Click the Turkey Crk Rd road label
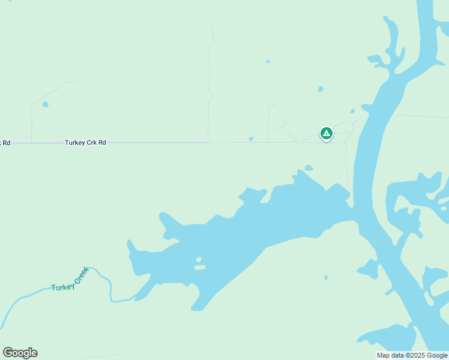pyautogui.click(x=85, y=143)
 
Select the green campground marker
pyautogui.click(x=326, y=133)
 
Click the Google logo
pyautogui.click(x=20, y=352)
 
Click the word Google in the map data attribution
pyautogui.click(x=437, y=355)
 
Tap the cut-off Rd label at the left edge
pyautogui.click(x=5, y=143)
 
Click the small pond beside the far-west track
pyautogui.click(x=46, y=104)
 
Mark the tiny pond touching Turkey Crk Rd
pyautogui.click(x=251, y=139)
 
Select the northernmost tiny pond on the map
pyautogui.click(x=268, y=61)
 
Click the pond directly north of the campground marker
pyautogui.click(x=321, y=89)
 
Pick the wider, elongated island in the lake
pyautogui.click(x=200, y=267)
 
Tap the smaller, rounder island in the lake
pyautogui.click(x=197, y=260)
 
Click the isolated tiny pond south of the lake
pyautogui.click(x=326, y=278)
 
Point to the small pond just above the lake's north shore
pyautogui.click(x=309, y=168)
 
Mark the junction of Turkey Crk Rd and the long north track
pyautogui.click(x=208, y=142)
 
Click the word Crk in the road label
pyautogui.click(x=91, y=143)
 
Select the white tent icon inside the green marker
pyautogui.click(x=326, y=133)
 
